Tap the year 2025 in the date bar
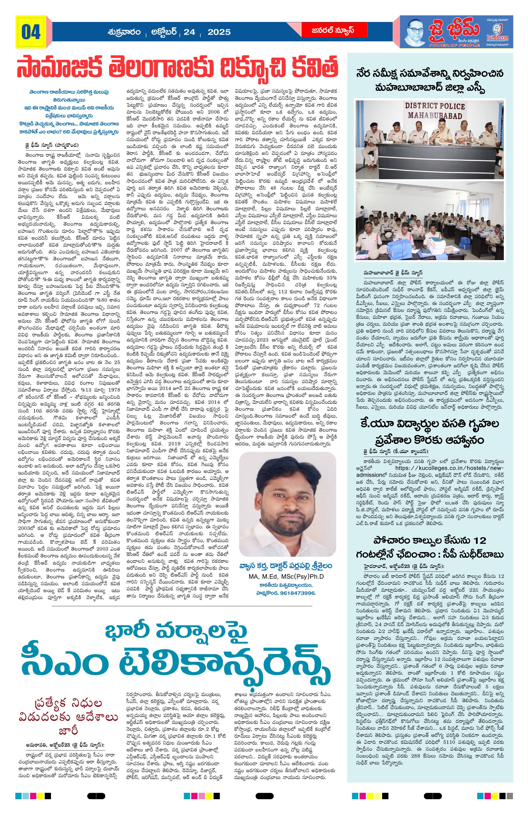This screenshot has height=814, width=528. (x=219, y=32)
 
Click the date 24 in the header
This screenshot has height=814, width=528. (x=189, y=32)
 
